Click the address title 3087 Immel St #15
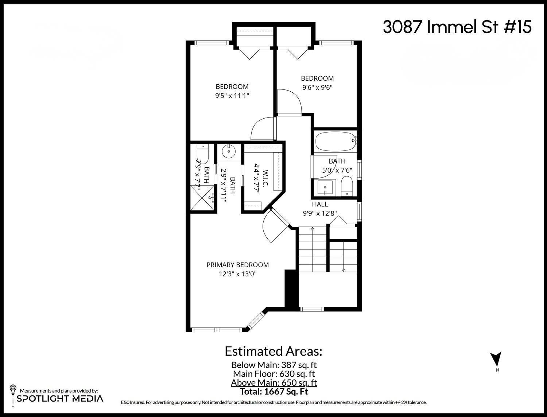click(x=457, y=27)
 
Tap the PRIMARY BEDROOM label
click(x=237, y=265)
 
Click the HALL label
click(x=319, y=204)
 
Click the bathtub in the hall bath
click(x=335, y=142)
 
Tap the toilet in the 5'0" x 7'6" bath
click(x=346, y=186)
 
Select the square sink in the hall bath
click(x=324, y=188)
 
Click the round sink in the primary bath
click(x=229, y=152)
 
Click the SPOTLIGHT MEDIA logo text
click(x=60, y=398)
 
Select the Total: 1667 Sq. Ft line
click(x=274, y=392)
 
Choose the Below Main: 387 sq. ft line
click(x=274, y=364)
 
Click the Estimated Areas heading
click(x=273, y=351)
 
